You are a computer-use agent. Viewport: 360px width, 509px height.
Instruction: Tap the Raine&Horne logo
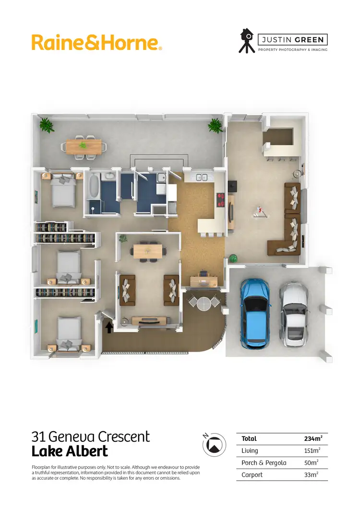tap(96, 42)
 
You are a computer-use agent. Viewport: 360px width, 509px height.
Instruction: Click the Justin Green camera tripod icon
tap(247, 41)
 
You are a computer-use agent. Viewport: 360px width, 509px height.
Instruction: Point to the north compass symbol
tap(215, 445)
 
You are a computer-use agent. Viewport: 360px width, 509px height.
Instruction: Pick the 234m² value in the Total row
tap(313, 438)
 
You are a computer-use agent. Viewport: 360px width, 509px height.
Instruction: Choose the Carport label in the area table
tap(252, 475)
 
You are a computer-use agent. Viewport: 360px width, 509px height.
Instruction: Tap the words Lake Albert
tap(70, 452)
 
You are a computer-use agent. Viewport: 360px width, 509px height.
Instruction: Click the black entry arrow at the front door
tap(109, 327)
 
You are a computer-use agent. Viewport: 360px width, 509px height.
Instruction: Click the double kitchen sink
tap(202, 178)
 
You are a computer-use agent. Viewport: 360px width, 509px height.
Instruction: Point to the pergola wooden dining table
tap(84, 146)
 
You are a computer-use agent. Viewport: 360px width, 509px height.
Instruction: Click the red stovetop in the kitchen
tap(221, 199)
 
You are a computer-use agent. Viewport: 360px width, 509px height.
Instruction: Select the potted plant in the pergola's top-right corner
tap(215, 126)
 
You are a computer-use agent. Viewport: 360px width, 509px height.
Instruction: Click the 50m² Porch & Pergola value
tap(312, 463)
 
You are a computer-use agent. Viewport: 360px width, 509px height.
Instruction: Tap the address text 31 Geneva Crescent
tap(91, 436)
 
